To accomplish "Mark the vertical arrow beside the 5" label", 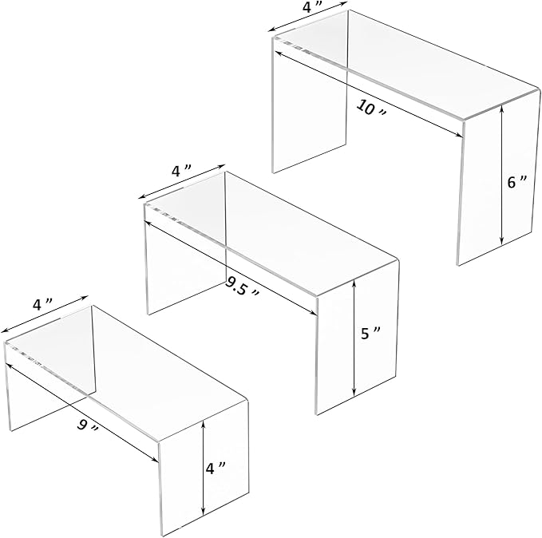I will click(354, 338).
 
